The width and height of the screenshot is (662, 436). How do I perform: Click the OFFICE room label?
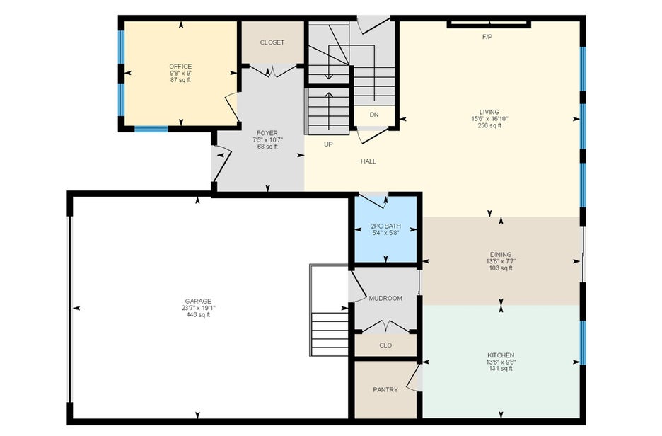tap(180, 67)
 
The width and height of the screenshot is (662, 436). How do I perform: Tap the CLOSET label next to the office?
tap(272, 42)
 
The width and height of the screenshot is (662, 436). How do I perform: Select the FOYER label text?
tap(267, 133)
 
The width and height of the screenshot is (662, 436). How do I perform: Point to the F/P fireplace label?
tap(487, 37)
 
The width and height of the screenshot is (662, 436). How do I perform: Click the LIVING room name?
tap(489, 112)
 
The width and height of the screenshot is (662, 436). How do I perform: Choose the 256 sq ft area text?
tap(489, 125)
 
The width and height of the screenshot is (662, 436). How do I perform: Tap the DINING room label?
tap(501, 254)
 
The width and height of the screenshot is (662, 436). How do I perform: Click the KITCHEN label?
tap(501, 355)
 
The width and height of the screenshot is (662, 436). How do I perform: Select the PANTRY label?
tap(385, 389)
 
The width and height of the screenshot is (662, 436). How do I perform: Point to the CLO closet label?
tap(385, 345)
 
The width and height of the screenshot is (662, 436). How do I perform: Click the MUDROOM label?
tap(385, 298)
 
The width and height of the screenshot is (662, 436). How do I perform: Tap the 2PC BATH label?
tap(386, 226)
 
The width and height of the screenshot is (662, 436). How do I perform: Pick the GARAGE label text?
tap(198, 302)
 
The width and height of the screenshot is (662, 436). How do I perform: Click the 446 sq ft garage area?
tap(198, 315)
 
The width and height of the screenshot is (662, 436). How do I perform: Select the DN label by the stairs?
tap(374, 115)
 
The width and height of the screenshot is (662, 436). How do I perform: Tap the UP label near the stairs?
tap(328, 144)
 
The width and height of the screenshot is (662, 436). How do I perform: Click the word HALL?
tap(368, 161)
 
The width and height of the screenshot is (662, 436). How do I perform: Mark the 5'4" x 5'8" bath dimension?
tap(386, 233)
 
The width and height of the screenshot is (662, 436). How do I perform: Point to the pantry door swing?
tap(414, 377)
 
